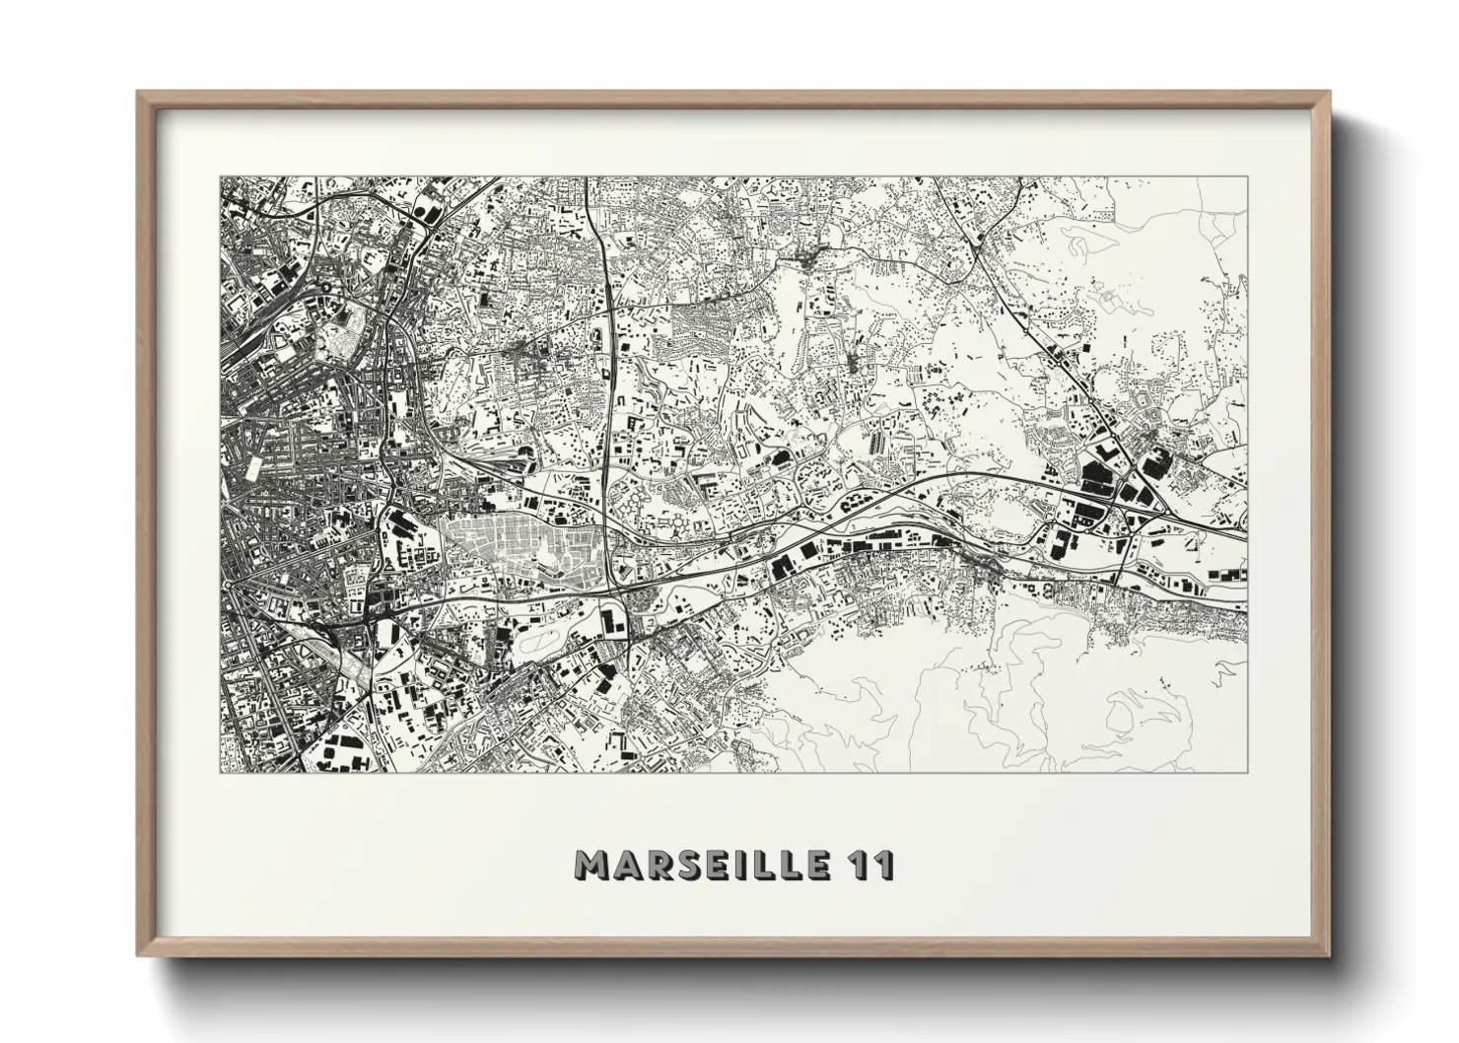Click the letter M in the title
(593, 865)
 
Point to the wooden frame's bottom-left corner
(138, 955)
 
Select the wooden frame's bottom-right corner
(1330, 955)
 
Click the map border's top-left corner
(220, 177)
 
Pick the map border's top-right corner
(1247, 177)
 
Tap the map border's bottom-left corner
(220, 772)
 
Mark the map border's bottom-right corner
(1247, 772)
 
